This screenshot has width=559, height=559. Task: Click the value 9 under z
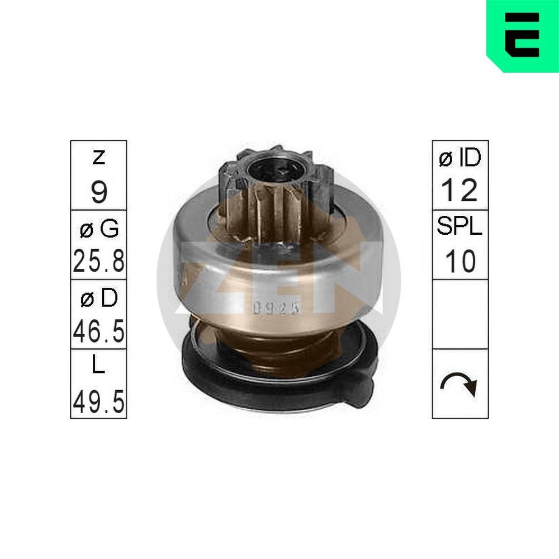point(98,192)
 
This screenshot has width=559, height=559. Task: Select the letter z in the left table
point(98,158)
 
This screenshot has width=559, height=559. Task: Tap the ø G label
point(98,228)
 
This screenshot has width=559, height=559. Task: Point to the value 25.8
point(98,261)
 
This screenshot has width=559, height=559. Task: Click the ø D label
point(98,298)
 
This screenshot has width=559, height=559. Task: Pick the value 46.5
point(98,331)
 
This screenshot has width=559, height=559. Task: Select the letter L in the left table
point(98,367)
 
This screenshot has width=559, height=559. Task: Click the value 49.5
point(98,401)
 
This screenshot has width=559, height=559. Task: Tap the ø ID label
point(460,159)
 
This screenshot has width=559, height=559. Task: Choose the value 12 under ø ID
point(460,191)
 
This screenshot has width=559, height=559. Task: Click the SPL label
point(460,228)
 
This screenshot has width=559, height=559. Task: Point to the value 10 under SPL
point(460,261)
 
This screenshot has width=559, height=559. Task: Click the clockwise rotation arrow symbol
point(460,385)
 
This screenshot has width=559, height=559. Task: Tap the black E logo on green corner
point(522,35)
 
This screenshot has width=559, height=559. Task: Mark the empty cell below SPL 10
point(460,315)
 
